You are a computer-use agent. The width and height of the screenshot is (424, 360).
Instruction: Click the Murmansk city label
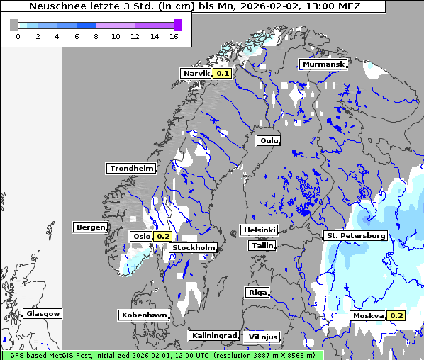click(x=323, y=64)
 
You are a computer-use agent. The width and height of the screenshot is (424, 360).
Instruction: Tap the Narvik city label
click(x=196, y=73)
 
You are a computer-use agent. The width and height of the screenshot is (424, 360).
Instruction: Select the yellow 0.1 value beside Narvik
click(x=223, y=73)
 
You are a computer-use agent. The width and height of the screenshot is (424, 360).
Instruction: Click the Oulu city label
click(x=269, y=141)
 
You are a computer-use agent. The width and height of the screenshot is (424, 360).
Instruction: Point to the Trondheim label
click(x=131, y=169)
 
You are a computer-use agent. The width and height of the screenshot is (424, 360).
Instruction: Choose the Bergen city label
click(x=89, y=227)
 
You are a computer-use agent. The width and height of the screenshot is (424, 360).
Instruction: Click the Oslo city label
click(x=140, y=236)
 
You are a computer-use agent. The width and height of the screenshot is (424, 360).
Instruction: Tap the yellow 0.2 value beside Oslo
click(x=163, y=236)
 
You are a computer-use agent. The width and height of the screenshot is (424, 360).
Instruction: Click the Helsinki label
click(x=259, y=230)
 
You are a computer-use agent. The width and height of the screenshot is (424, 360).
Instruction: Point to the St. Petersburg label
click(x=355, y=235)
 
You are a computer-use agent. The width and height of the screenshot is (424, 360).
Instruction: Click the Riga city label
click(x=257, y=292)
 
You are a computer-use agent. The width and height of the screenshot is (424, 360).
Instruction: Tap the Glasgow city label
click(x=43, y=313)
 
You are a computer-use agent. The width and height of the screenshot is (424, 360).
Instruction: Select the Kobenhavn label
click(x=144, y=314)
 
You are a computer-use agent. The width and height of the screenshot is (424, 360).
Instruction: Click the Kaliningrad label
click(x=213, y=335)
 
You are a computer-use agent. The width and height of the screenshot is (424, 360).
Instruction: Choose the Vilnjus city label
click(x=262, y=337)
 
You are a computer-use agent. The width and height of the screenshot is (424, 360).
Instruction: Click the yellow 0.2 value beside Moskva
click(x=396, y=315)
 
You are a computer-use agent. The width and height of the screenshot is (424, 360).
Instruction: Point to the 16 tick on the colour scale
click(x=174, y=36)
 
